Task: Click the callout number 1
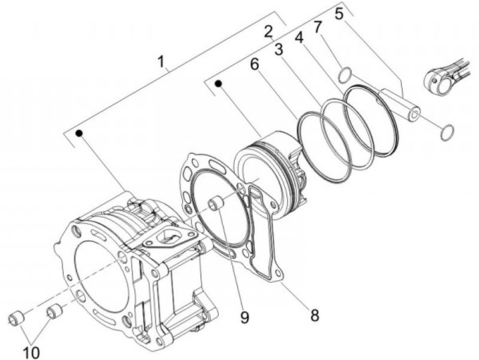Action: click(x=161, y=61)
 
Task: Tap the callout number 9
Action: click(x=244, y=318)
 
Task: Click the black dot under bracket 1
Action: click(x=79, y=133)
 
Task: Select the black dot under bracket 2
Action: click(x=218, y=83)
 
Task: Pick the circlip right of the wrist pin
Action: click(x=447, y=132)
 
